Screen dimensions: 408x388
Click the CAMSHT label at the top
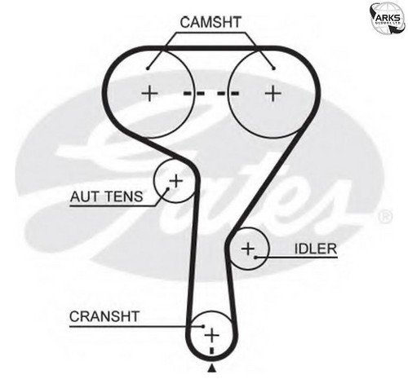click(x=211, y=22)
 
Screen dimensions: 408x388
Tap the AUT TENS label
click(x=106, y=196)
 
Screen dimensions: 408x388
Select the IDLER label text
click(x=316, y=249)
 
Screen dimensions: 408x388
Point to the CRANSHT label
click(x=104, y=316)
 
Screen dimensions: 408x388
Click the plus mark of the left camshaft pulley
click(x=149, y=93)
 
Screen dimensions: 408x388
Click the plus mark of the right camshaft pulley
click(x=273, y=93)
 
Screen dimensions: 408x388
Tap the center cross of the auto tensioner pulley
click(x=176, y=181)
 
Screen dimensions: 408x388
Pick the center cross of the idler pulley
click(x=248, y=249)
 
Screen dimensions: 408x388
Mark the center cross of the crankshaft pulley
click(x=211, y=335)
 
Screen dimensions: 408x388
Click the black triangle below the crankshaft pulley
click(x=212, y=368)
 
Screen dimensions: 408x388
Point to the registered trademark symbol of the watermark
click(x=385, y=217)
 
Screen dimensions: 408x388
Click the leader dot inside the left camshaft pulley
click(x=148, y=68)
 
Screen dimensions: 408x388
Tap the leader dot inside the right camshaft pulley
click(x=274, y=68)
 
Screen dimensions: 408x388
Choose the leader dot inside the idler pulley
click(x=255, y=257)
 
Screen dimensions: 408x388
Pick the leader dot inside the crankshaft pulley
click(x=202, y=326)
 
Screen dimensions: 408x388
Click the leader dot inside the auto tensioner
click(x=168, y=188)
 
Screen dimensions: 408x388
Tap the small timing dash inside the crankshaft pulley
click(x=212, y=351)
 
